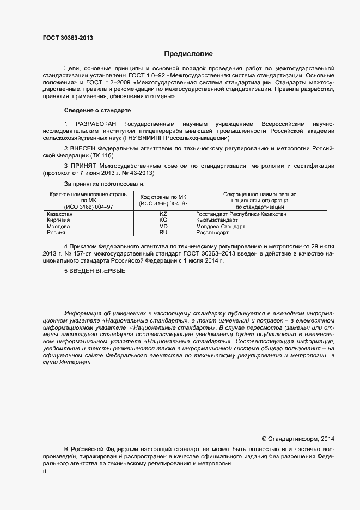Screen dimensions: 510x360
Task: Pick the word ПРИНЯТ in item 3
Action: click(84, 164)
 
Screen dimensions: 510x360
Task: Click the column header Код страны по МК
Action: click(163, 197)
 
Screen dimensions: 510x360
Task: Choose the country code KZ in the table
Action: click(163, 214)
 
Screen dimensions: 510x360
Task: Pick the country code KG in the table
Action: click(163, 220)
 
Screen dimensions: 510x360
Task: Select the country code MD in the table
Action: click(163, 226)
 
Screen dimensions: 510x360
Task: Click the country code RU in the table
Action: click(163, 232)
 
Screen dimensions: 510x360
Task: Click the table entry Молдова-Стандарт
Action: click(220, 226)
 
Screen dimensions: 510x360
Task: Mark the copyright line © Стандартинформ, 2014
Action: click(298, 438)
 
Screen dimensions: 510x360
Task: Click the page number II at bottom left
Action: click(45, 472)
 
